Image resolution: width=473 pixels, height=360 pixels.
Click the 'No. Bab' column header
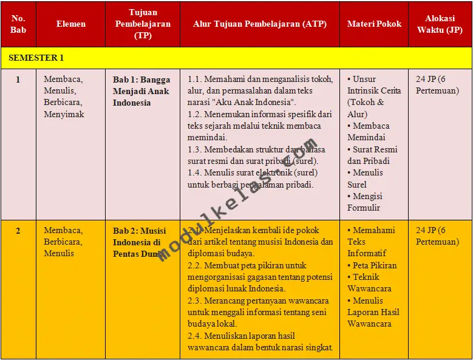(18, 24)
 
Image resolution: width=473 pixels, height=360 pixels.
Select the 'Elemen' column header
(71, 24)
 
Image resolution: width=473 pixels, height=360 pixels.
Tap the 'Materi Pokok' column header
(374, 24)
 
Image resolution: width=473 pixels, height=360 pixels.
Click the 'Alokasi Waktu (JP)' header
(440, 24)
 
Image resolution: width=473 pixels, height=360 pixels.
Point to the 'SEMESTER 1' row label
(36, 58)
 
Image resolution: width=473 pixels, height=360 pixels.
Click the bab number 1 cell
(18, 79)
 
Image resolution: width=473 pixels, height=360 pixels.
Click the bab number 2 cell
(18, 231)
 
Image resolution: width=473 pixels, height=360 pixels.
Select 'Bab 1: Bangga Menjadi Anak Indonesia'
(141, 91)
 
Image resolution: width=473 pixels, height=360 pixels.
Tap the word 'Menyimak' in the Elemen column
(64, 114)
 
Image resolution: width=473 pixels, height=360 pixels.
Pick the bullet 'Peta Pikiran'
(372, 265)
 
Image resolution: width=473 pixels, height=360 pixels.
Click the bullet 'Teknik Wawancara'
(370, 283)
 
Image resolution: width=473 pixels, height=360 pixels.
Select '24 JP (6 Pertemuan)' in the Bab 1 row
(437, 85)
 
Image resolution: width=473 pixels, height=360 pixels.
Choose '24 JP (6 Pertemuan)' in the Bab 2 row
(437, 236)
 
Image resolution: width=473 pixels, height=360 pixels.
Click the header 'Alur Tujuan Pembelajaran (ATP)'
(259, 24)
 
